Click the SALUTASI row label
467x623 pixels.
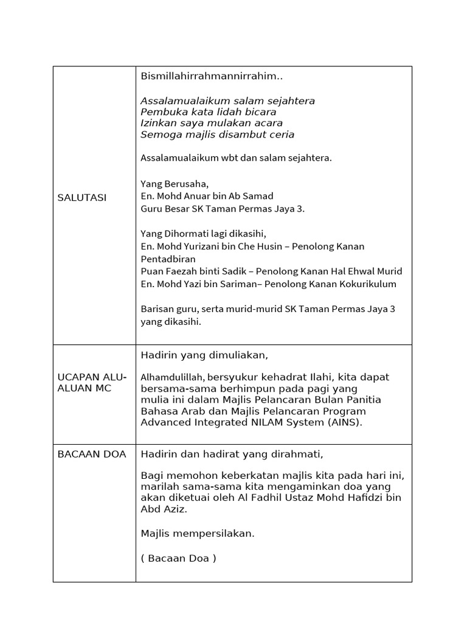(82, 198)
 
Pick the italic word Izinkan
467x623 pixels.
(158, 123)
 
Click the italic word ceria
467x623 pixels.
(281, 134)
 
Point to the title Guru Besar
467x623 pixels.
(164, 209)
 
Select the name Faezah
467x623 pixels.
(181, 271)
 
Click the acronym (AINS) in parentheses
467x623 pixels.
(345, 422)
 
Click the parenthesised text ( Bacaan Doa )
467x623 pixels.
(178, 559)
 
